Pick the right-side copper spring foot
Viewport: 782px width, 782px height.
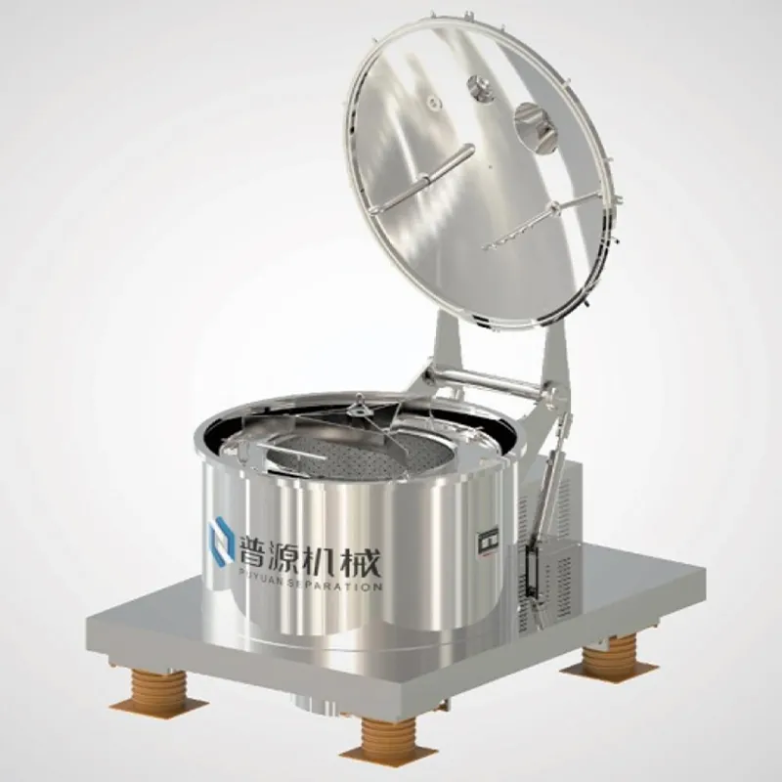tap(607, 655)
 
